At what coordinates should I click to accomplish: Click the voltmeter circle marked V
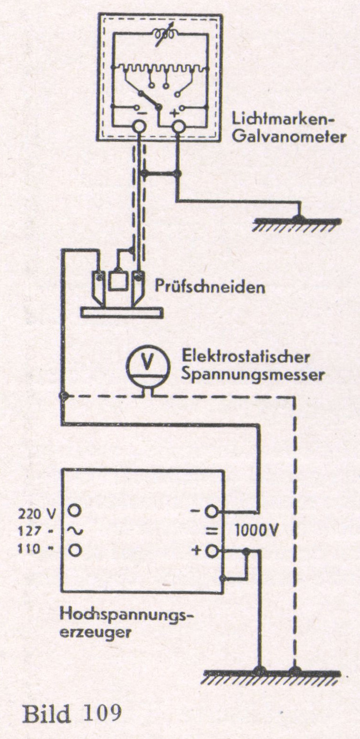tap(147, 362)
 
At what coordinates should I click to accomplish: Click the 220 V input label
tap(36, 512)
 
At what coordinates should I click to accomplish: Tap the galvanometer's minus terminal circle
tap(139, 126)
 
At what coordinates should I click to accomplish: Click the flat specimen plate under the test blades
tap(122, 312)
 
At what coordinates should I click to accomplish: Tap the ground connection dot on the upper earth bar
tap(297, 218)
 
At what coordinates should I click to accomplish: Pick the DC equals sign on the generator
tap(210, 531)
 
